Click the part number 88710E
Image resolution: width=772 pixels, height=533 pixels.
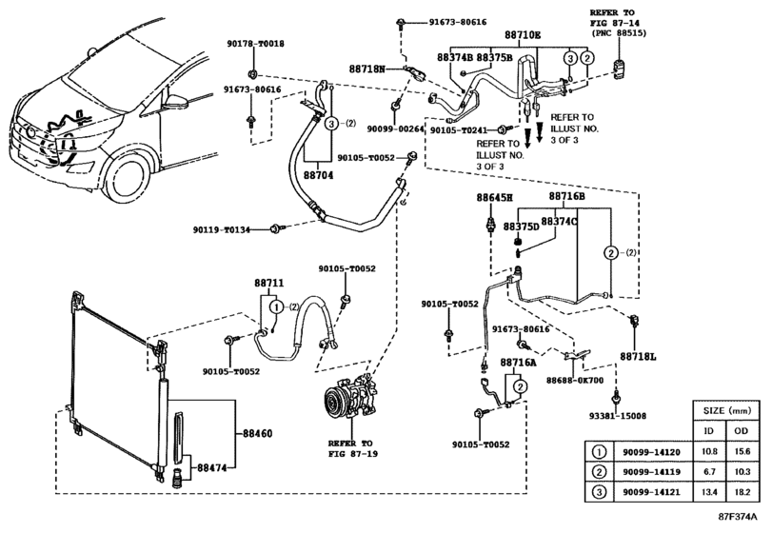[x=522, y=35]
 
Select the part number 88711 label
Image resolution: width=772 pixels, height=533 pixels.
[x=269, y=284]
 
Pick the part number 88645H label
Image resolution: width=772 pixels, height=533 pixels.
[x=494, y=197]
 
